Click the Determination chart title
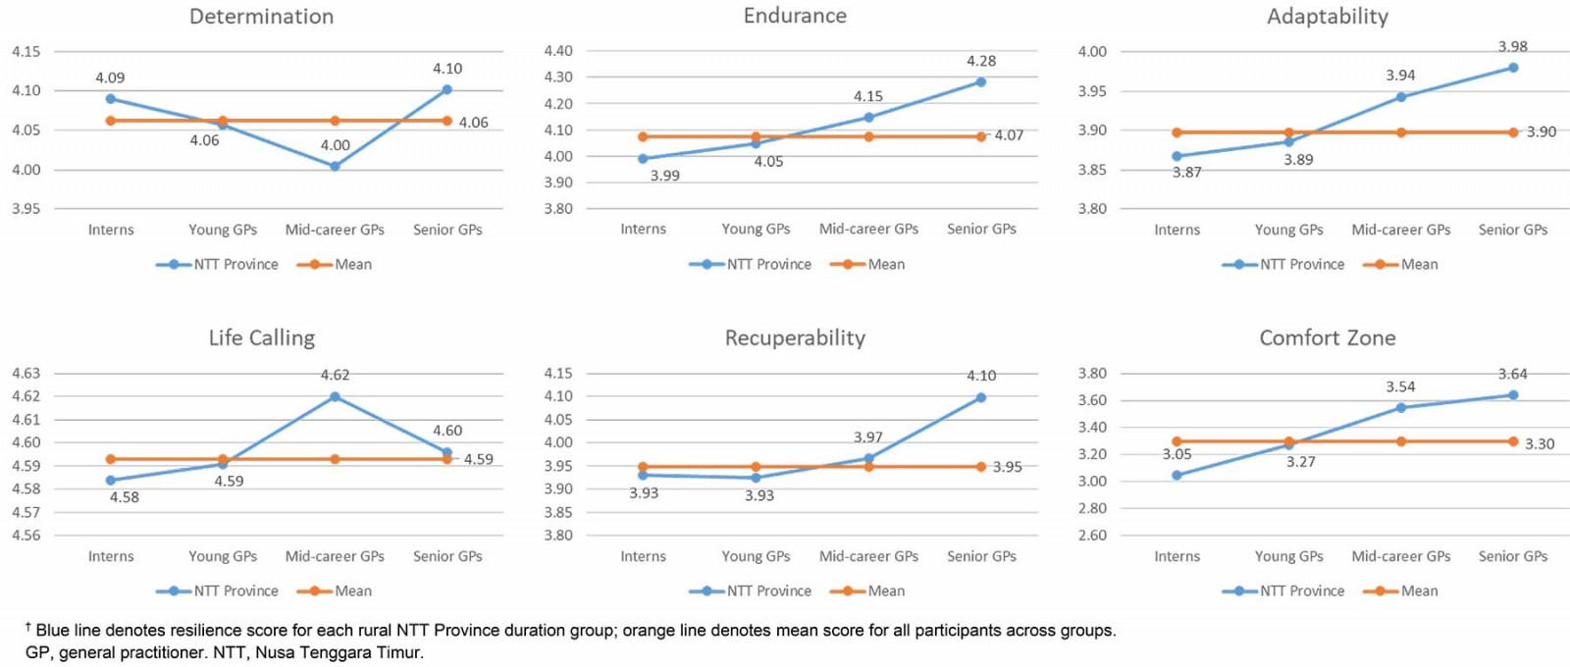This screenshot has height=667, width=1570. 261,17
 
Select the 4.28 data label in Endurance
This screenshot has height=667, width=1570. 981,61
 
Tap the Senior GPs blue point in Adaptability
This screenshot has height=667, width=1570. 1513,68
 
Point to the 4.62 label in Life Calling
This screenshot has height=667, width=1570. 335,375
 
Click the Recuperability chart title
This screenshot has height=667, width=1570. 795,338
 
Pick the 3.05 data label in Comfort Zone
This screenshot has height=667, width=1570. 1177,454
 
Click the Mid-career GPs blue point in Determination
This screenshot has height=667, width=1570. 335,167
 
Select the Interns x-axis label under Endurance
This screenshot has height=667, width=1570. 643,229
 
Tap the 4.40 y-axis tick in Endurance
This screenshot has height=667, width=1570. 558,51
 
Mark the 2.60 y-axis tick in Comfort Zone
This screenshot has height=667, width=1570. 1092,536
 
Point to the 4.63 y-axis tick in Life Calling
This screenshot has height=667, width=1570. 26,373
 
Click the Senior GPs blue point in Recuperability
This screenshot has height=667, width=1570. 981,397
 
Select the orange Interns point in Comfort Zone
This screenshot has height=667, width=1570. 1177,441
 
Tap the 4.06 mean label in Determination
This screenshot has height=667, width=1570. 473,123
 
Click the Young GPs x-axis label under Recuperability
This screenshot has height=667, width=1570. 756,556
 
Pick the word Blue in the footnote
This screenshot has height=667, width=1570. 53,631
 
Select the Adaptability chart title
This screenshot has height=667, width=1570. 1327,17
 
